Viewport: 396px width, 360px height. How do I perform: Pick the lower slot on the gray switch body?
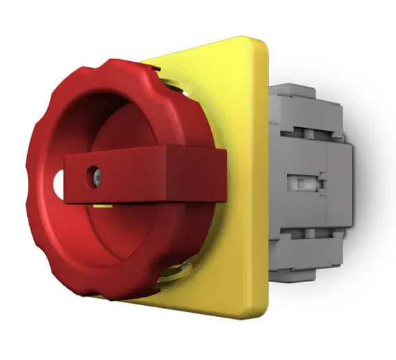pyautogui.click(x=306, y=236)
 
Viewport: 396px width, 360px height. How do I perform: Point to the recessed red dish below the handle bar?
pyautogui.click(x=139, y=236)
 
